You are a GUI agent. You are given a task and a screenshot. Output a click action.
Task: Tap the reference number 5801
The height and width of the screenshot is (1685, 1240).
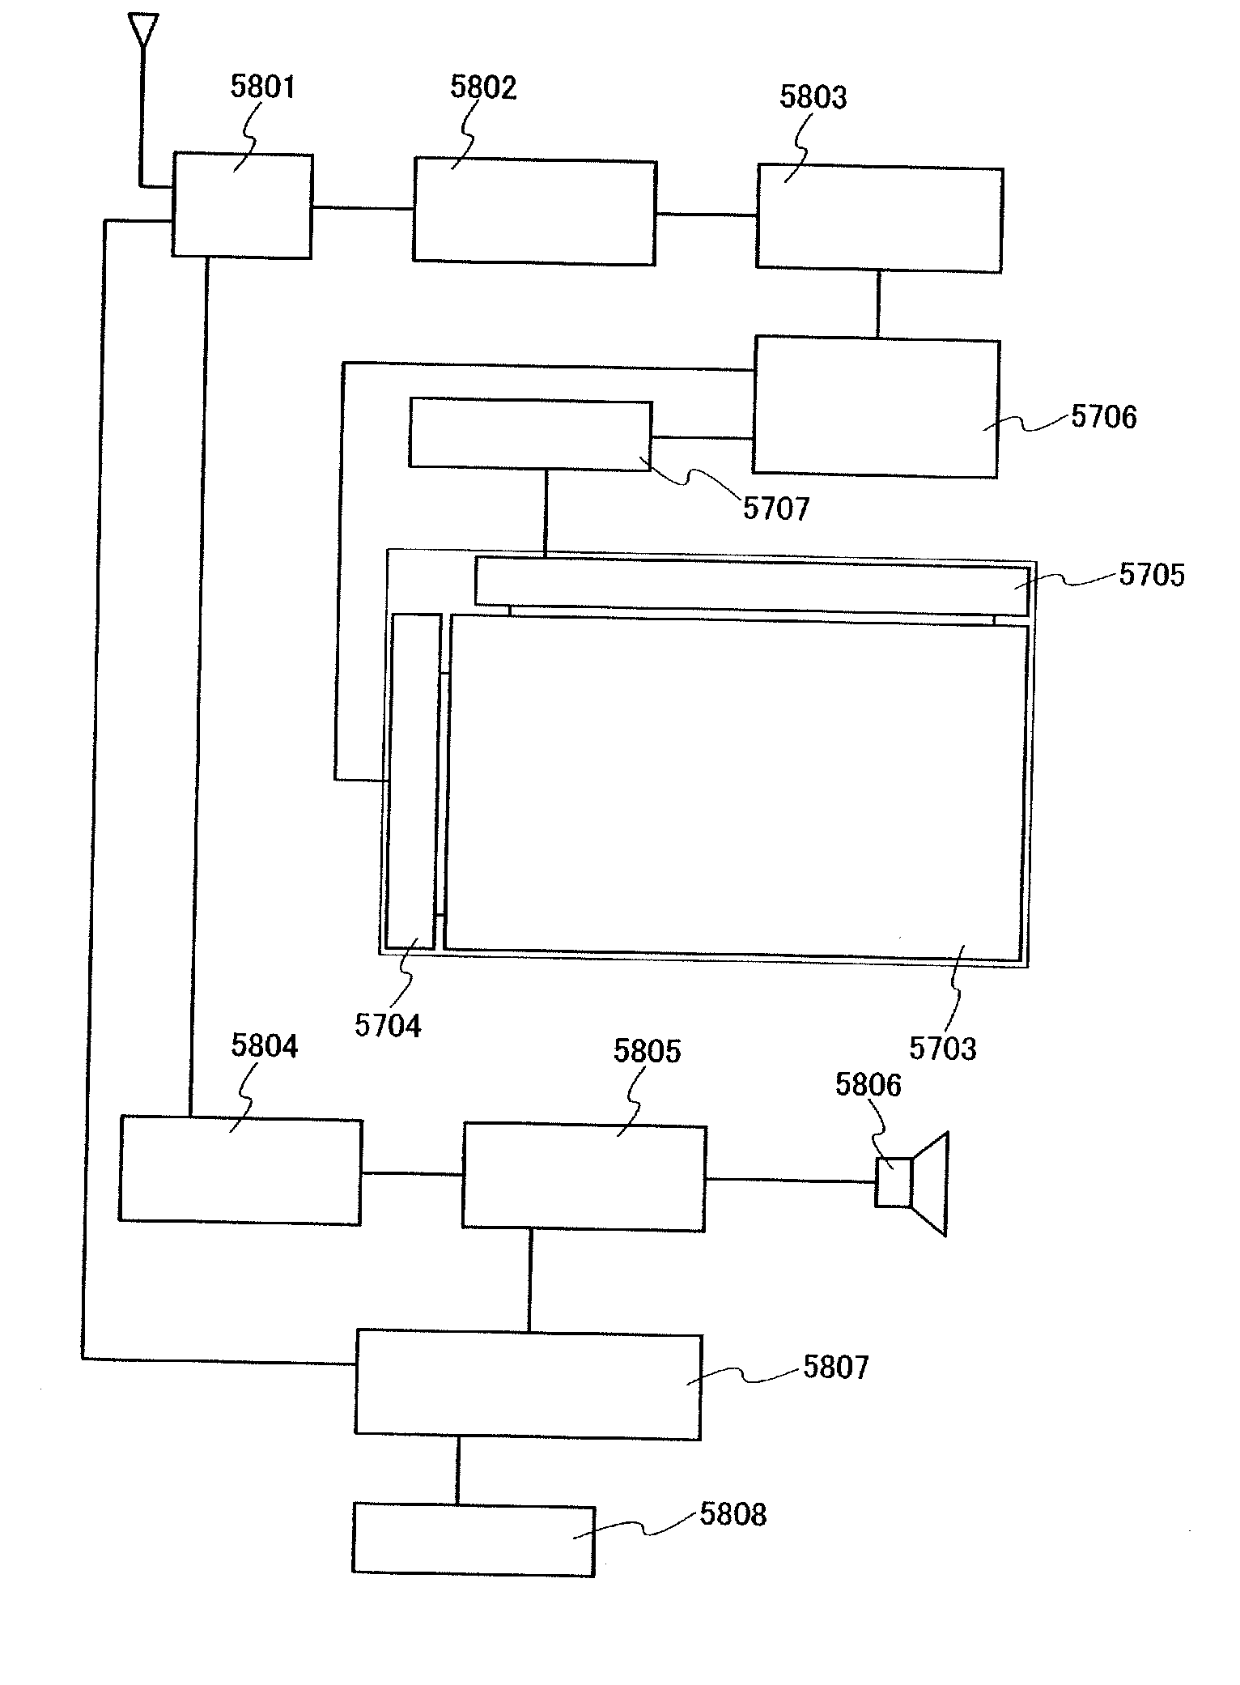(x=263, y=87)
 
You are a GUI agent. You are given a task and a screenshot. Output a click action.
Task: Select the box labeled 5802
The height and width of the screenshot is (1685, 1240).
(x=534, y=212)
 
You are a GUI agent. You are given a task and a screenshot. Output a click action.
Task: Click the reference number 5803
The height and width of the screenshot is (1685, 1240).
(x=813, y=96)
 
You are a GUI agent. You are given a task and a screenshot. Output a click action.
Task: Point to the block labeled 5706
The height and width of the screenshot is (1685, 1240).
(x=876, y=407)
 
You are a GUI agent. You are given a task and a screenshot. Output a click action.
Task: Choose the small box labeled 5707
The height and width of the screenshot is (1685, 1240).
(x=530, y=434)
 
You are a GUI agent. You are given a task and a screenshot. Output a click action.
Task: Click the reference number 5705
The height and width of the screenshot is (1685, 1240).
(x=1151, y=575)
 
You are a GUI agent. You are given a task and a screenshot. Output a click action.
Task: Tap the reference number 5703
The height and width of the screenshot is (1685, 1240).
(x=942, y=1049)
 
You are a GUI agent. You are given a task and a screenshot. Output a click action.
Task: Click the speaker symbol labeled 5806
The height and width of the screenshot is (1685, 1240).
(x=912, y=1183)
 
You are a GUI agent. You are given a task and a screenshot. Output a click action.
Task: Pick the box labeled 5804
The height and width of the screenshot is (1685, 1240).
(x=240, y=1170)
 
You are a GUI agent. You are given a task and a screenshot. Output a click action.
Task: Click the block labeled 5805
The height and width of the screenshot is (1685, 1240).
(x=584, y=1178)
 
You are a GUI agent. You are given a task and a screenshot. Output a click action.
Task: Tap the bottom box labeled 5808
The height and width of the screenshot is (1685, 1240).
(x=473, y=1539)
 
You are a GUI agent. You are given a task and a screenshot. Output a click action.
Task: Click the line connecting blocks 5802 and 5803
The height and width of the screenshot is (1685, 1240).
(x=706, y=215)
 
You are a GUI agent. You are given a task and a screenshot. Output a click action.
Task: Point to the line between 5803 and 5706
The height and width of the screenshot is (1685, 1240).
(x=877, y=304)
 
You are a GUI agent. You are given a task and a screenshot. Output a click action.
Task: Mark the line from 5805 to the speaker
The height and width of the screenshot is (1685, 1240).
(x=790, y=1181)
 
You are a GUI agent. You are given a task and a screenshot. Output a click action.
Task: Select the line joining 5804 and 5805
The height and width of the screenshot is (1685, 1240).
(x=412, y=1174)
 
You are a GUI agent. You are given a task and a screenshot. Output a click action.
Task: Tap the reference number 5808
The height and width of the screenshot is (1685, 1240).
(x=733, y=1514)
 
